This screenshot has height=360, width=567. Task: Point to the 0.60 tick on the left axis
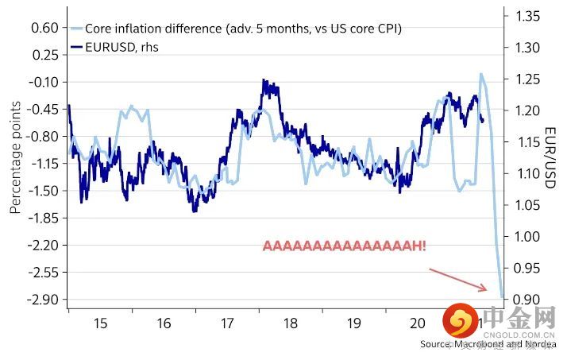pos(45,28)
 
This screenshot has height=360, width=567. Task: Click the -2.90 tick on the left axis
pos(44,300)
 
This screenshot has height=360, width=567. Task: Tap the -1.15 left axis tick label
pos(44,164)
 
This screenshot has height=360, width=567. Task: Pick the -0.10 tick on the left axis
pos(44,82)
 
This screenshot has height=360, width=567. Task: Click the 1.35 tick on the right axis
pos(526,15)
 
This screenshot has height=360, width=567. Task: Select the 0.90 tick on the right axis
pos(526,300)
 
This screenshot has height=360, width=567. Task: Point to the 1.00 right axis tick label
pos(526,237)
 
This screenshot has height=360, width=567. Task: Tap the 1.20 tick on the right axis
pos(526,110)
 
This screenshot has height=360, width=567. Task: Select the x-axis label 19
pos(354,324)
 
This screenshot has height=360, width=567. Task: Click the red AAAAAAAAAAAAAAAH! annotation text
pos(344,246)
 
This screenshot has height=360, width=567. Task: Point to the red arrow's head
pos(486,288)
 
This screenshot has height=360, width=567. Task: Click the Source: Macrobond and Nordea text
pos(488,345)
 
